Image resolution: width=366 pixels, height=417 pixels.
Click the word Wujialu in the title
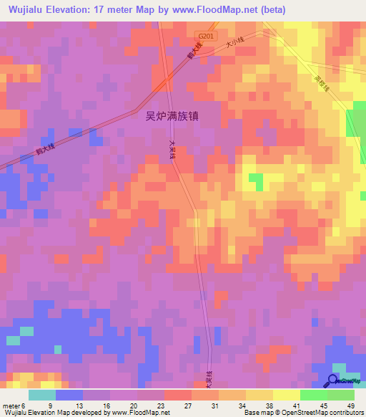(27, 9)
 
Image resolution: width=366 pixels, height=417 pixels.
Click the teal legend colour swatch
(42, 395)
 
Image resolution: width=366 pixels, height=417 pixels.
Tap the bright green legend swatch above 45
(313, 395)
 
